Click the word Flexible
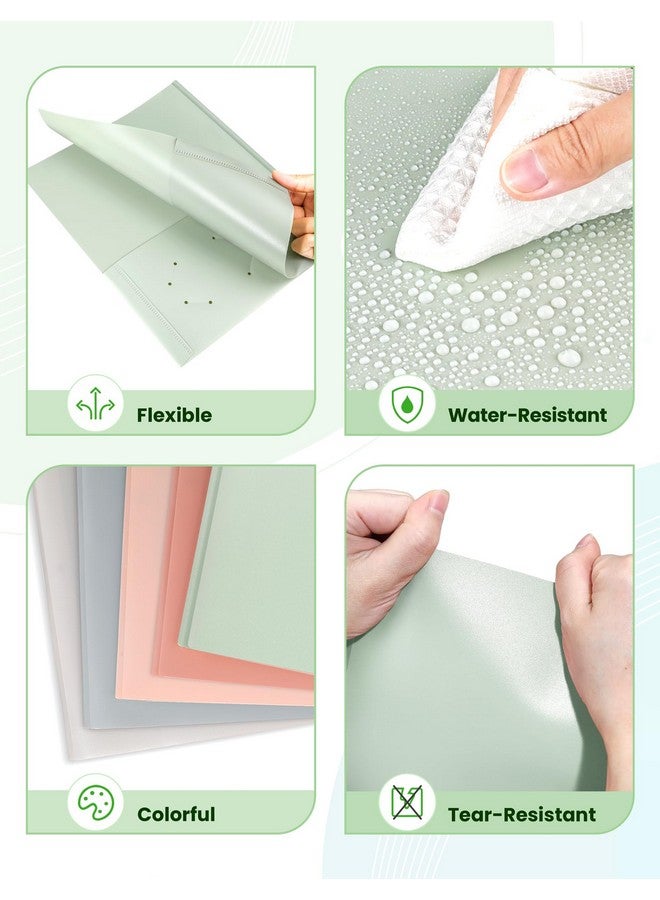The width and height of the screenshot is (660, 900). coord(174,415)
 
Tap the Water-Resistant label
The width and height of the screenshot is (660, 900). coord(527,415)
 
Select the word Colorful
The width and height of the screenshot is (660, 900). coord(176,814)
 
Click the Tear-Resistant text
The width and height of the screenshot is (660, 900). coord(521,814)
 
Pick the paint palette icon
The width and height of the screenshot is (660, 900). coord(96,804)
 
